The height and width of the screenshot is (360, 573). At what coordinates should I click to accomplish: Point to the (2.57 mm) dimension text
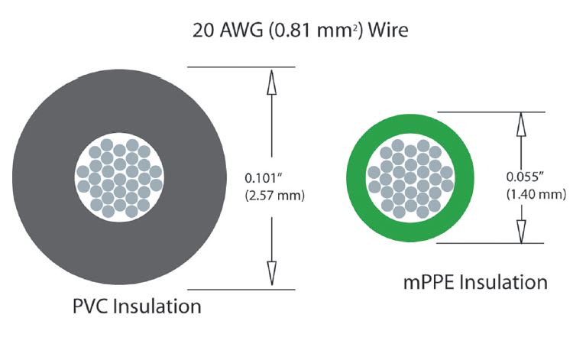coord(274,196)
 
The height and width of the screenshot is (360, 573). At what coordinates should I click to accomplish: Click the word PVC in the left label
coord(89,308)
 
